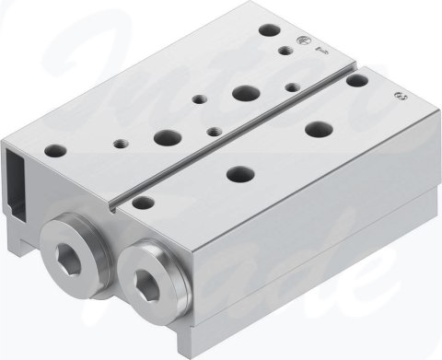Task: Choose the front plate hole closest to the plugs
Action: tap(142, 200)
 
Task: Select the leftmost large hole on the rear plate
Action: tap(168, 137)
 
